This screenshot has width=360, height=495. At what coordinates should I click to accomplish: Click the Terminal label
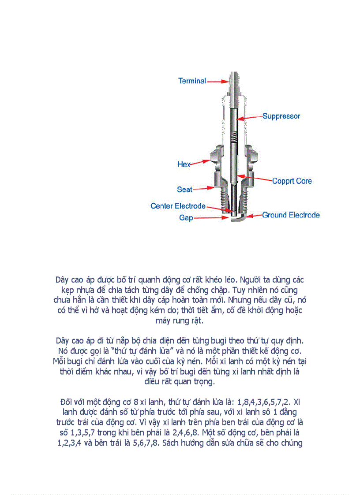192,81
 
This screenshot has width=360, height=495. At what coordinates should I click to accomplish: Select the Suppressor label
281,116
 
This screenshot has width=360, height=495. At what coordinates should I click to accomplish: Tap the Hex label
184,164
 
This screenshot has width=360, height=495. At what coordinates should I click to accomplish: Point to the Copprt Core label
292,181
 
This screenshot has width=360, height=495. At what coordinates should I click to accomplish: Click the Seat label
184,190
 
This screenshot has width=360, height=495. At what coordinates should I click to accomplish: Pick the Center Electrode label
178,206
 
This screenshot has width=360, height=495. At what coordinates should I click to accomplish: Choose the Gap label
186,218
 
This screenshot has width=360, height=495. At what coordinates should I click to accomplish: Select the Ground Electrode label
291,215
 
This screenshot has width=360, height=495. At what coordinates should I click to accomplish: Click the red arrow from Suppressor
250,117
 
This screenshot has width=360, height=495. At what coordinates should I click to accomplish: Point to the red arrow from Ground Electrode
253,216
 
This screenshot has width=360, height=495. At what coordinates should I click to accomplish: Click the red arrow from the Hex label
201,163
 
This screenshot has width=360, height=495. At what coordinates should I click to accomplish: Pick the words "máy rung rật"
180,320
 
